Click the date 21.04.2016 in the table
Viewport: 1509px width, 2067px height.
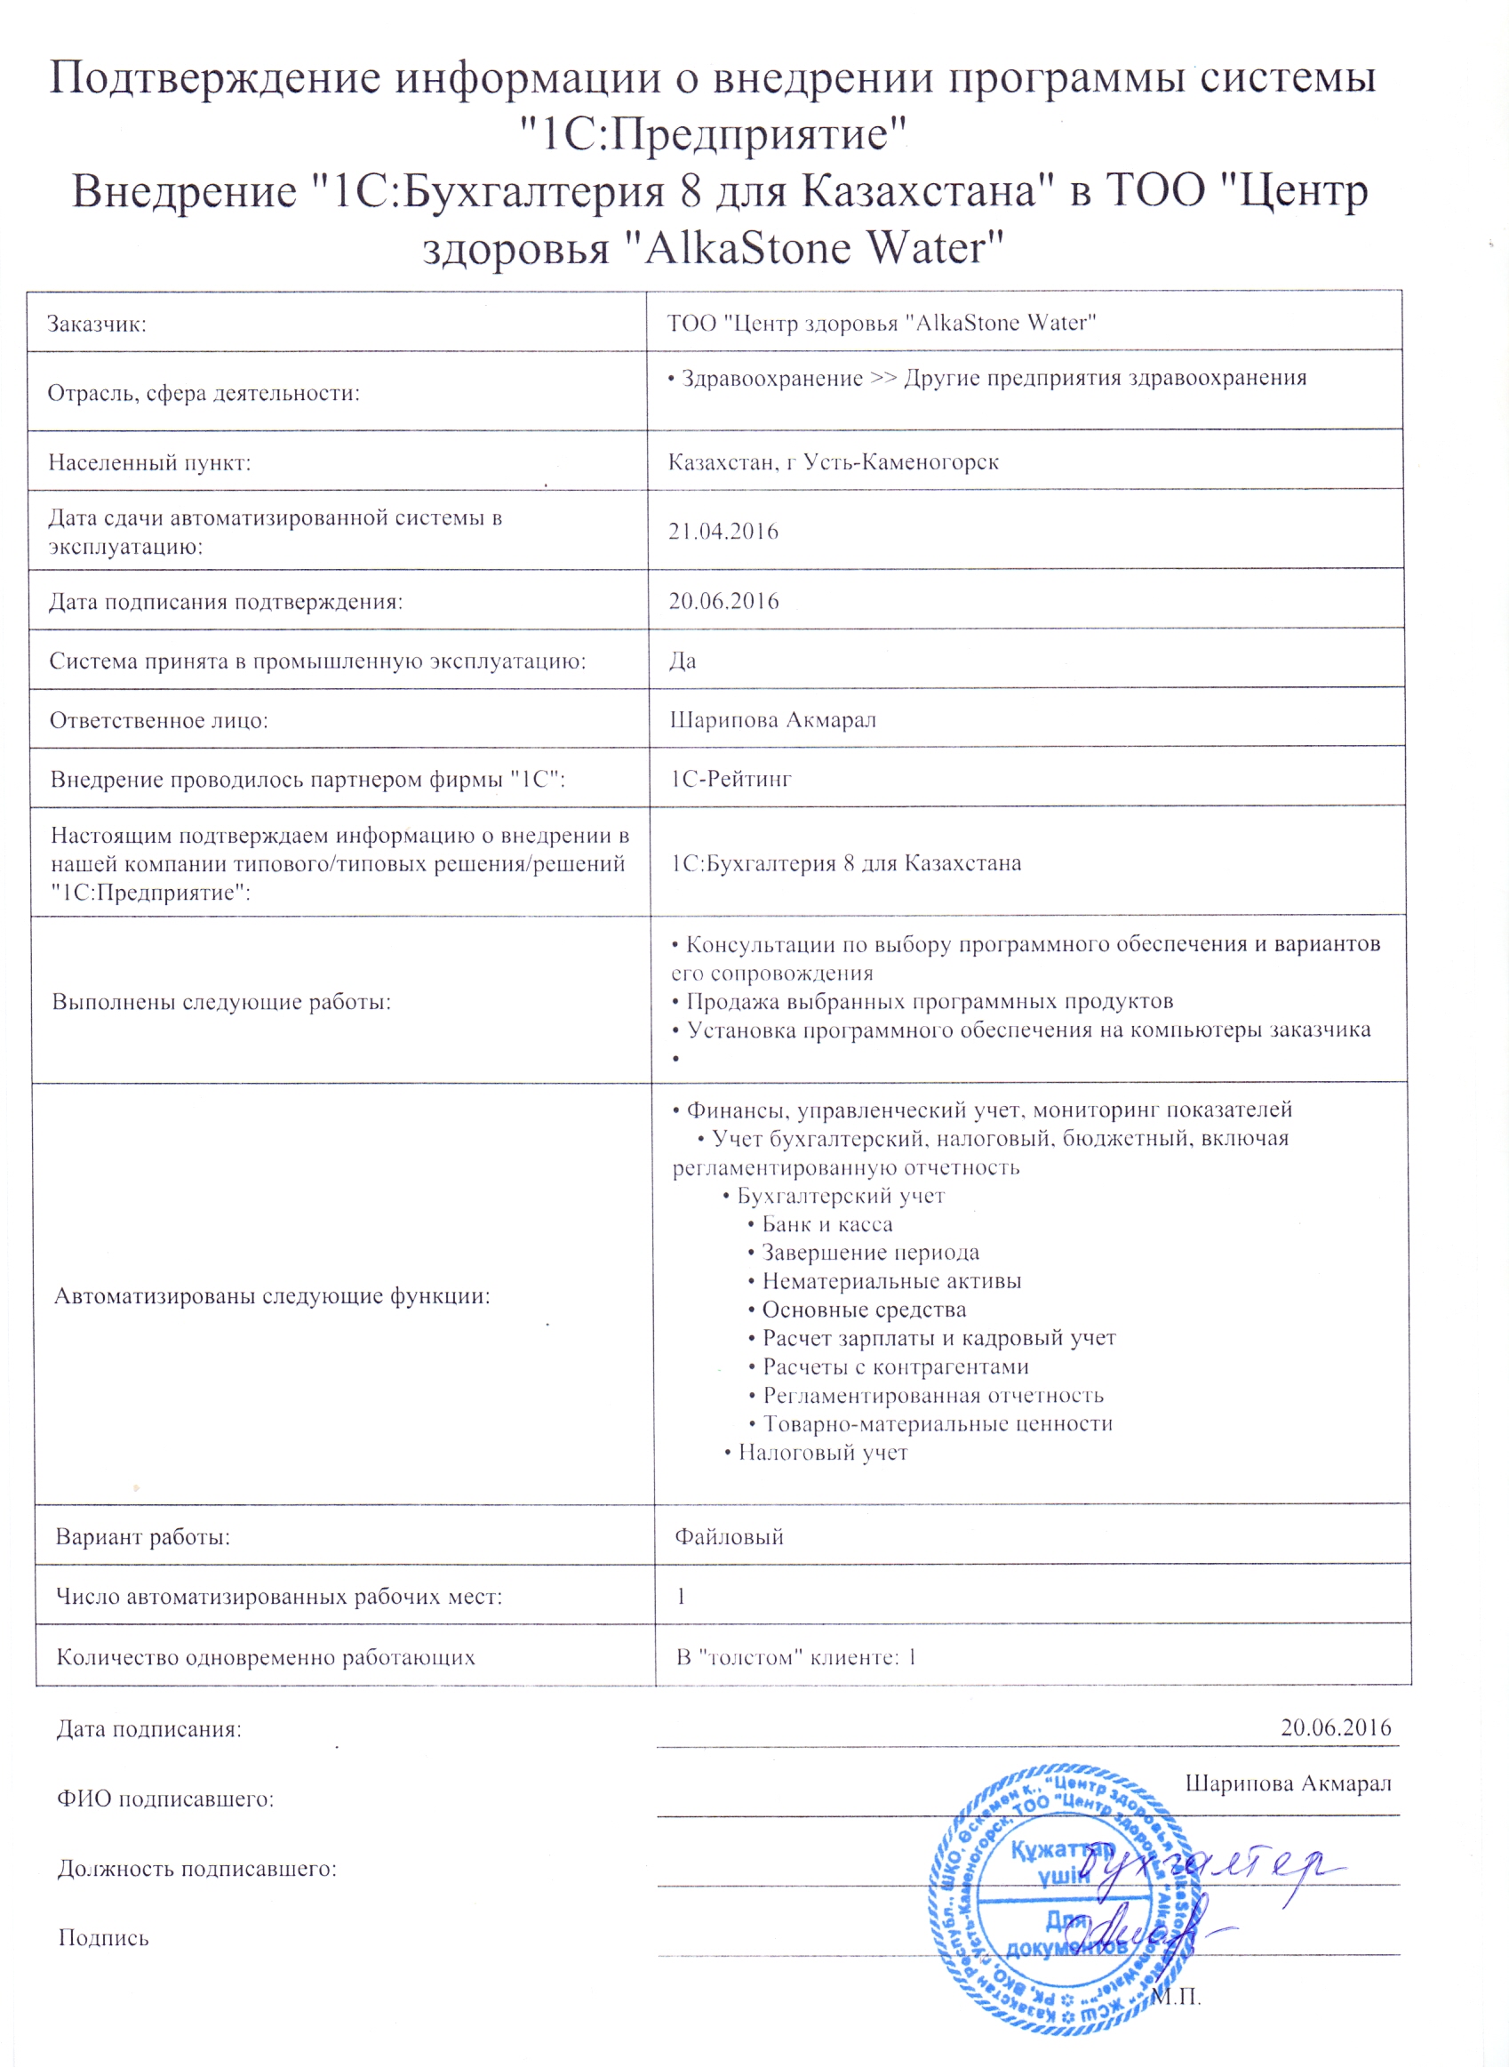tap(723, 531)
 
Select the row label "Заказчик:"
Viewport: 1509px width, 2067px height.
tap(97, 324)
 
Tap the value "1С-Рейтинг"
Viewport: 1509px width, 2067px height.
tap(731, 779)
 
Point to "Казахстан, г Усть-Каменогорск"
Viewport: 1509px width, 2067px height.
tap(833, 462)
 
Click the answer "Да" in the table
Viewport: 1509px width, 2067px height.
tap(683, 661)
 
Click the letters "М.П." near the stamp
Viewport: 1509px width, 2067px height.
tap(1177, 1996)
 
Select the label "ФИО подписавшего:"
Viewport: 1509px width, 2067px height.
tap(165, 1799)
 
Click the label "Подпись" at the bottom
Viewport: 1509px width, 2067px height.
tap(103, 1938)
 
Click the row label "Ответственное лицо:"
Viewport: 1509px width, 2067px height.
tap(159, 720)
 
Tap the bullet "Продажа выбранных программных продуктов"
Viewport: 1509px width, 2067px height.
tap(929, 1002)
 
